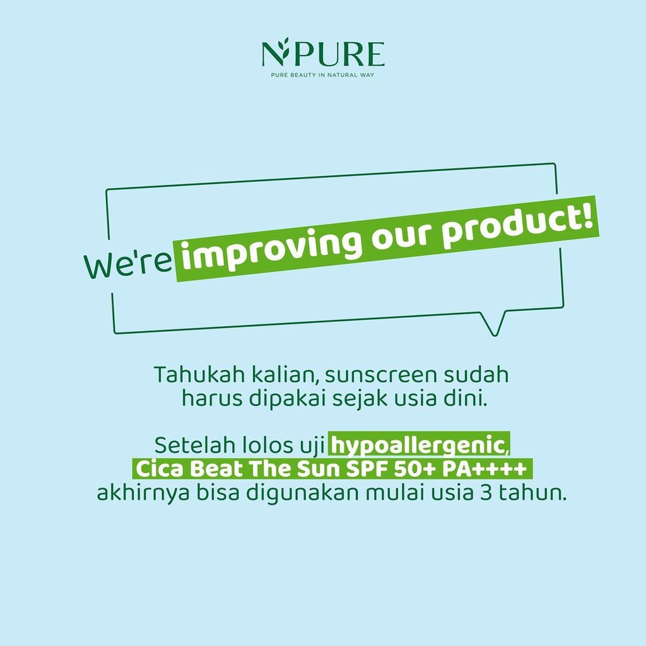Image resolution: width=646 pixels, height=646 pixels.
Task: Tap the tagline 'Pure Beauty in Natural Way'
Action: (322, 75)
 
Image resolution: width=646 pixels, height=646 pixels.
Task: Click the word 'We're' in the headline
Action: (128, 264)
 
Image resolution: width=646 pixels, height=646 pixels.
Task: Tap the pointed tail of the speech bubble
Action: (493, 324)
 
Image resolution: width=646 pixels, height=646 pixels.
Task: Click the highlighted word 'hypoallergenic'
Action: (418, 447)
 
